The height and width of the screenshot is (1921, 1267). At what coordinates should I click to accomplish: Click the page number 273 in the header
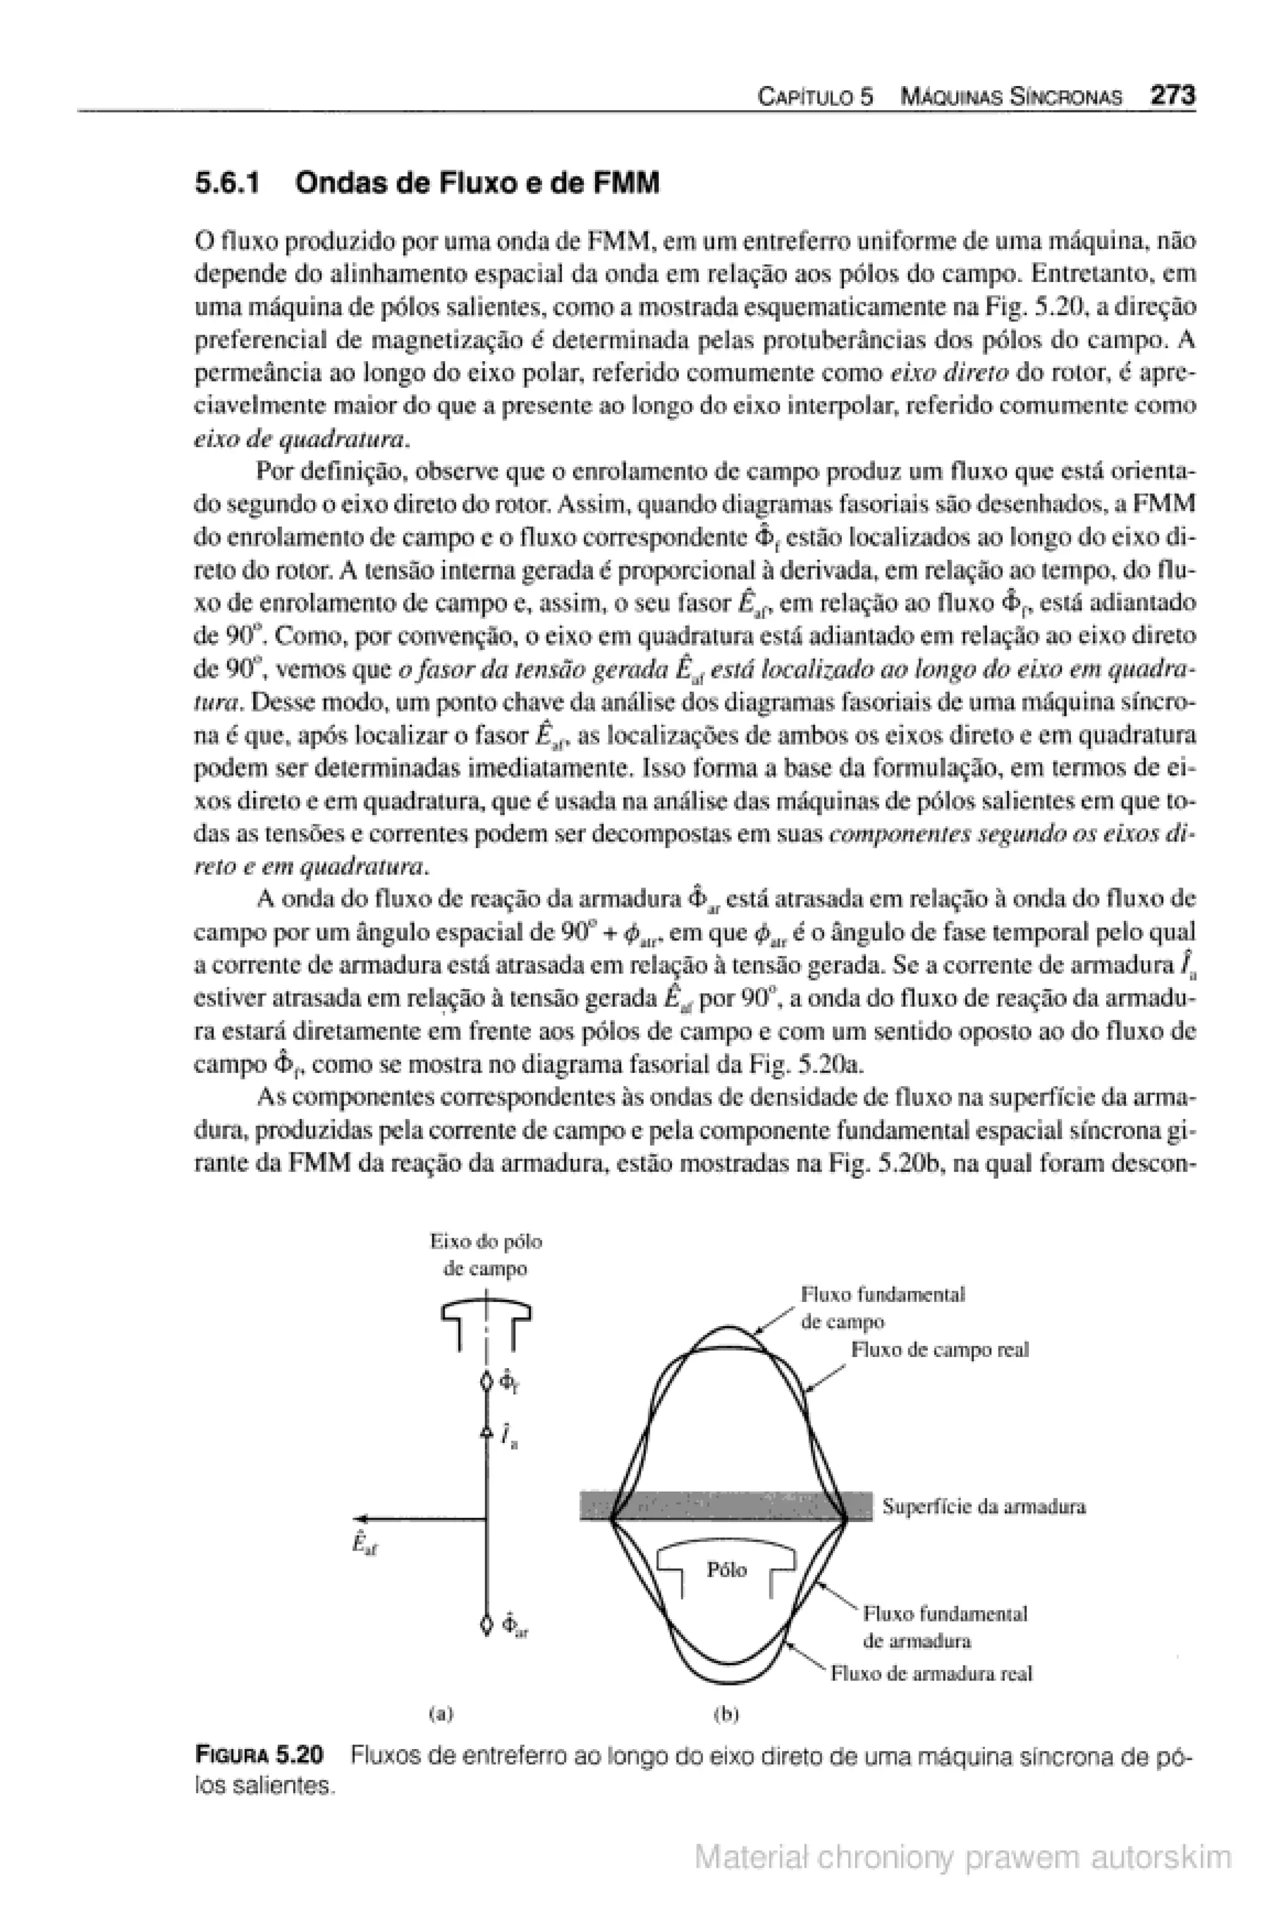(x=1172, y=96)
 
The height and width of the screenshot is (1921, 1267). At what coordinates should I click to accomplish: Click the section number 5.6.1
(x=229, y=184)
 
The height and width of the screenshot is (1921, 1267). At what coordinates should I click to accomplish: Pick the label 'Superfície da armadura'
(x=984, y=1506)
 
